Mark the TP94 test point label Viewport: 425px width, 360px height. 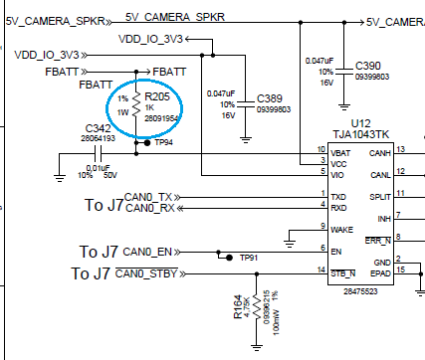pyautogui.click(x=165, y=142)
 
